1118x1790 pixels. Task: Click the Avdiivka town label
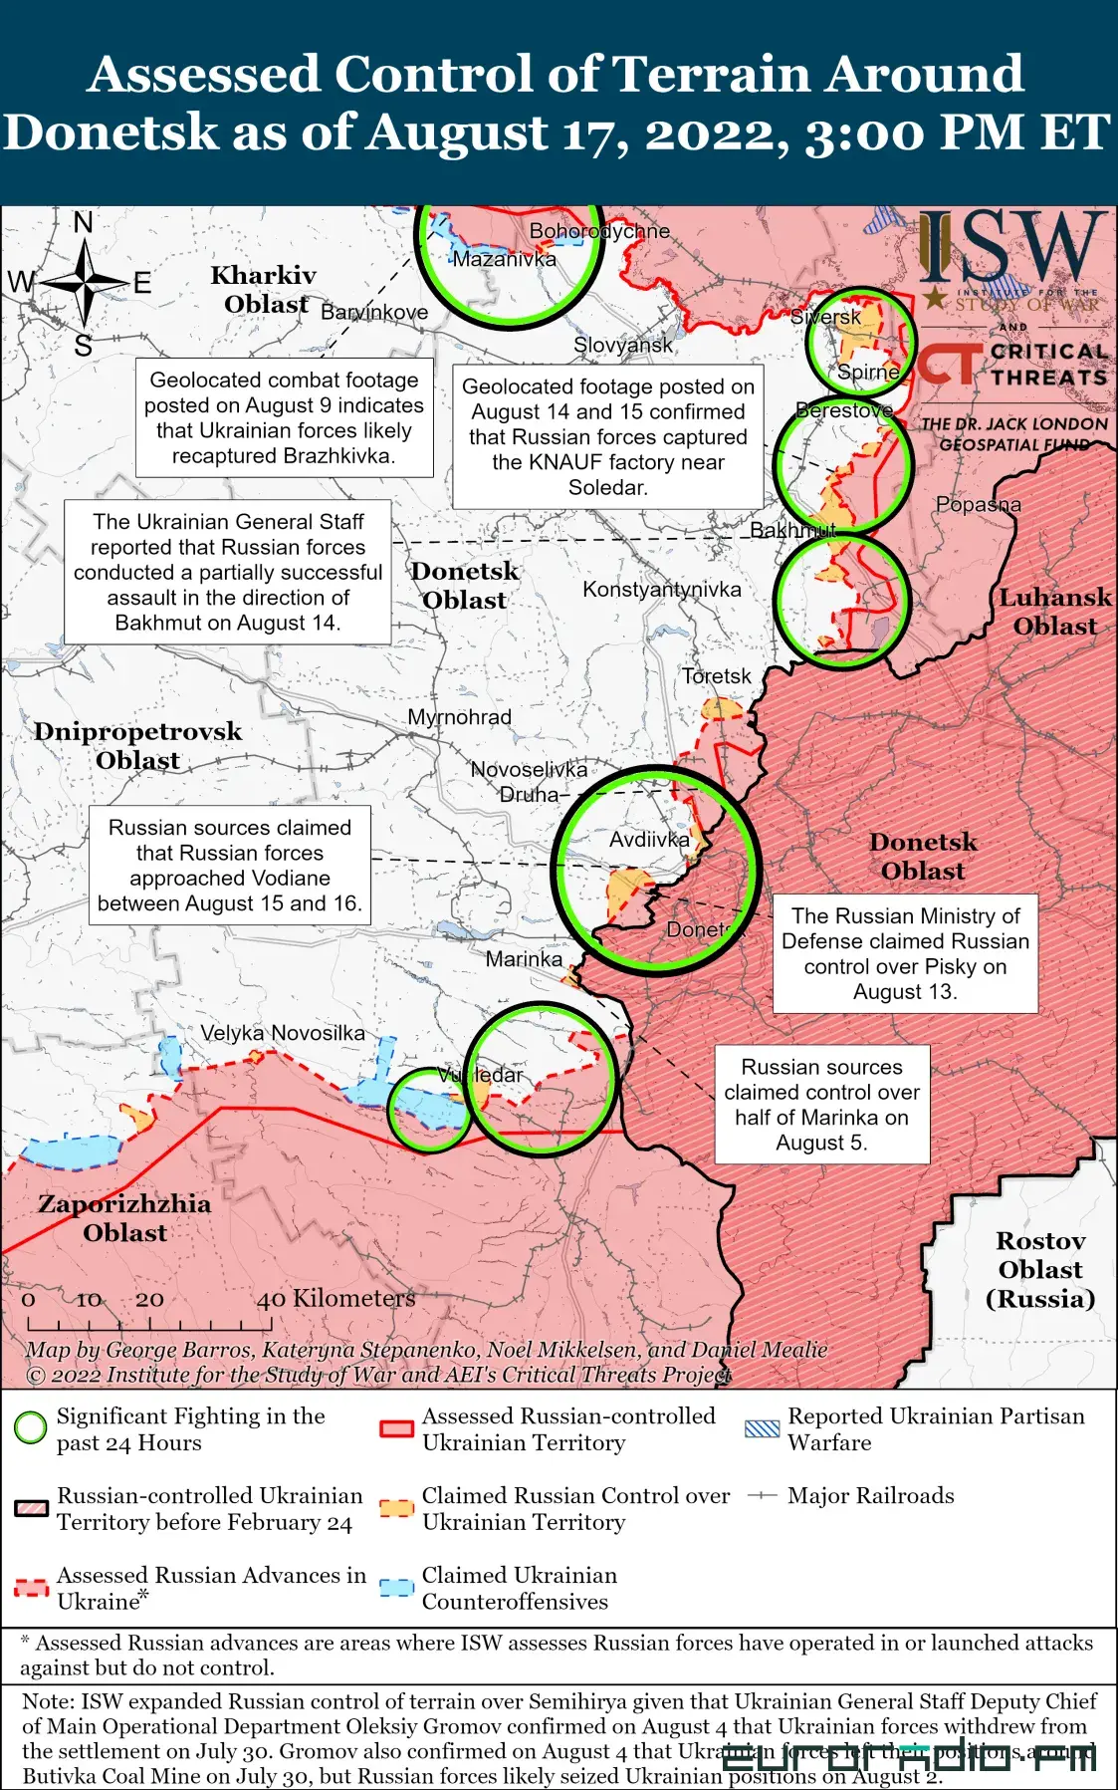649,840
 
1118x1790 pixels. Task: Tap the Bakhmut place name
791,530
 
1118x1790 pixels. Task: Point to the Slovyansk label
622,345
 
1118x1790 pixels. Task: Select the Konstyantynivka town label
661,589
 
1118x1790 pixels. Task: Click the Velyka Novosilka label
283,1033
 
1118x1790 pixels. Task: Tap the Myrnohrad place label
459,716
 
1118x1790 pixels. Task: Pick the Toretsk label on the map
717,676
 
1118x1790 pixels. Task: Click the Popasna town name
978,504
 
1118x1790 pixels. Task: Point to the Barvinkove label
374,312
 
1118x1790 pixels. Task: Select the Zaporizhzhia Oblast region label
124,1218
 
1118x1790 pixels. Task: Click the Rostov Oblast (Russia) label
1040,1269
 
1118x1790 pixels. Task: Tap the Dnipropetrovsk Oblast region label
137,745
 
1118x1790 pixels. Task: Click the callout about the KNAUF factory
607,436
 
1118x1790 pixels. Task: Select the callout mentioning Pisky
905,953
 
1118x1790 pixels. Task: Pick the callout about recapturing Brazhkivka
284,417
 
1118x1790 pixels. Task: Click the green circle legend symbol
31,1427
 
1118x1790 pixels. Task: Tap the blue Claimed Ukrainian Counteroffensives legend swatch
396,1587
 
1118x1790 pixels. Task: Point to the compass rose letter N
84,222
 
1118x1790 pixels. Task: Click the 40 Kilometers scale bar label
335,1298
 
